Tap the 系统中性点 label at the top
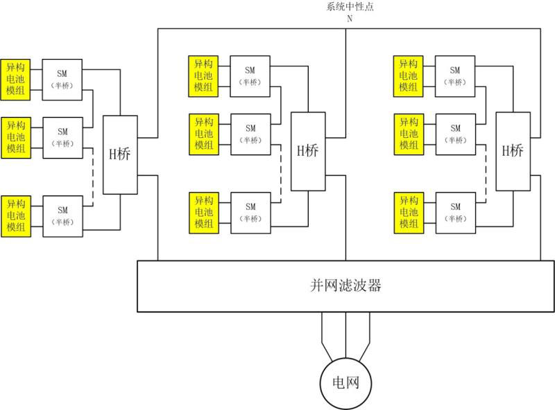tap(350, 7)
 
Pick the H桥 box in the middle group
tap(307, 151)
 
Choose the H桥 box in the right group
tap(512, 151)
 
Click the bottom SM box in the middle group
tap(250, 212)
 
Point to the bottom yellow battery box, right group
tap(409, 212)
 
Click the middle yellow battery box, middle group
tap(203, 134)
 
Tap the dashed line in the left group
tap(92, 177)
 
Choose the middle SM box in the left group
tap(62, 136)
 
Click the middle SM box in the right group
tap(455, 134)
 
